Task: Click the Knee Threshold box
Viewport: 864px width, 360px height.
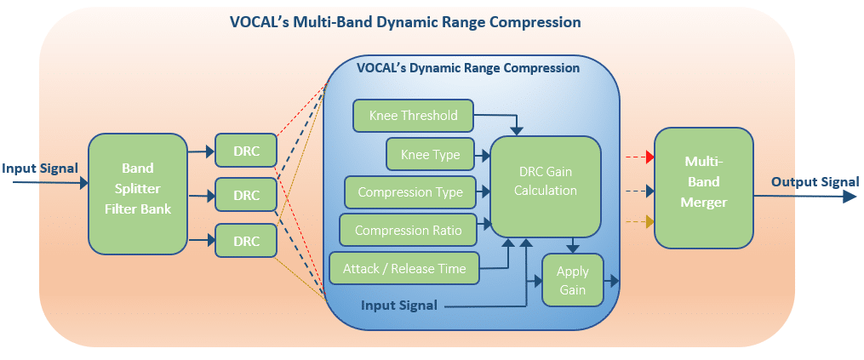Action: click(413, 116)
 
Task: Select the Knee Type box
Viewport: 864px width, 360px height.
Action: click(431, 154)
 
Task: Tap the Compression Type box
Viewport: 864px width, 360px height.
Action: click(410, 192)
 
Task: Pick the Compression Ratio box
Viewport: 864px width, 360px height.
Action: click(408, 230)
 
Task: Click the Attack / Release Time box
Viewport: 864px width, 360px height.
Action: click(404, 268)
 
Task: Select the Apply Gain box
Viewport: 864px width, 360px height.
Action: click(573, 280)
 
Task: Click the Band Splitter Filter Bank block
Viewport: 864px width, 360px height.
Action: click(137, 194)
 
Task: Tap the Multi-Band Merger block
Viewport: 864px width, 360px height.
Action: click(704, 188)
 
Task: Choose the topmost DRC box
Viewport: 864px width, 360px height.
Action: click(245, 150)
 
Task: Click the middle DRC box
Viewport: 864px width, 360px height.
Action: click(245, 195)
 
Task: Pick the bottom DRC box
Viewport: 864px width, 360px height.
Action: click(245, 240)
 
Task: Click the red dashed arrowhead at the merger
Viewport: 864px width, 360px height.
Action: click(649, 157)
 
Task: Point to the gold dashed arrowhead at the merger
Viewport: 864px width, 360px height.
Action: click(649, 222)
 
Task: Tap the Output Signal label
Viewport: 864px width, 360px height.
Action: click(815, 182)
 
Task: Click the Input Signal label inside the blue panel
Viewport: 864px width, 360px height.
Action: click(399, 305)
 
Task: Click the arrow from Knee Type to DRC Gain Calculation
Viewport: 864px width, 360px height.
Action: click(483, 156)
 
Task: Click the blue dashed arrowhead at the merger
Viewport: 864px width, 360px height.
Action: click(649, 191)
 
